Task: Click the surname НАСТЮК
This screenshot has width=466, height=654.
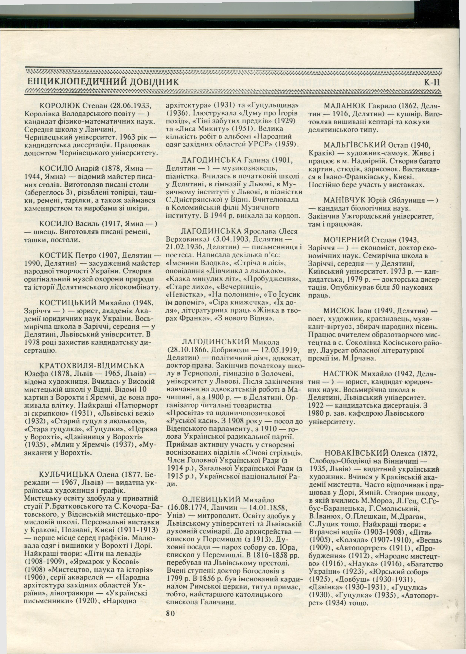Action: coord(340,374)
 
